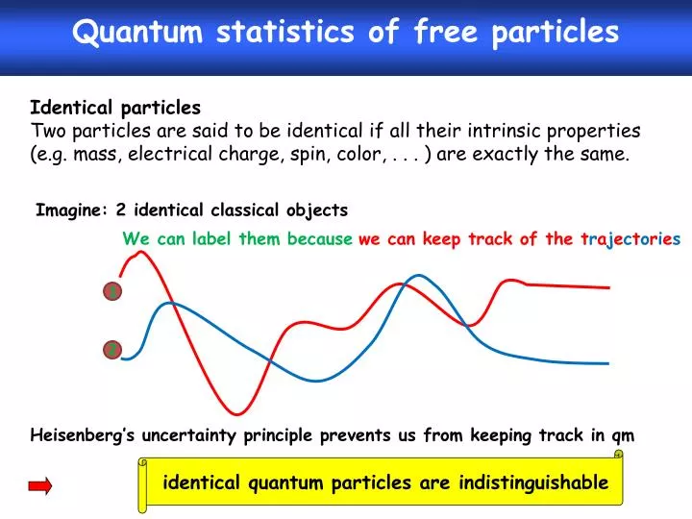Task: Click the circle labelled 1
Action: pyautogui.click(x=112, y=291)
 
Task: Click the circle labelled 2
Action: pyautogui.click(x=112, y=351)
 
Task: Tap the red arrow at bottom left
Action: pyautogui.click(x=40, y=487)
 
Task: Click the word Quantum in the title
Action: pyautogui.click(x=138, y=32)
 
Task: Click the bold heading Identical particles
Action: pyautogui.click(x=115, y=107)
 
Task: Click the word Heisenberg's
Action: pyautogui.click(x=84, y=435)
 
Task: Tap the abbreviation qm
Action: pyautogui.click(x=623, y=435)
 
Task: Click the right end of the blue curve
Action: pyautogui.click(x=607, y=363)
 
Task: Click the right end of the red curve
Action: pyautogui.click(x=607, y=287)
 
